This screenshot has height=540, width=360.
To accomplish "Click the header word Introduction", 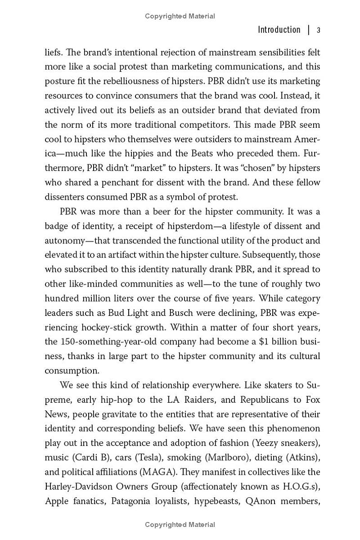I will pyautogui.click(x=279, y=30).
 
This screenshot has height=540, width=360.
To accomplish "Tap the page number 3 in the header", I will pyautogui.click(x=318, y=30).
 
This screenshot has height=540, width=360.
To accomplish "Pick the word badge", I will pyautogui.click(x=56, y=226).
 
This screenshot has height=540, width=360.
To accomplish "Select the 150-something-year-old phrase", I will pyautogui.click(x=110, y=342).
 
